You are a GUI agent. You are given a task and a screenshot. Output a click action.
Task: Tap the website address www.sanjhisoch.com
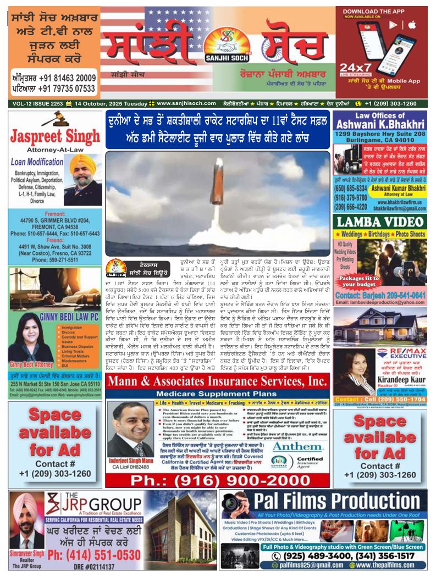click(x=186, y=103)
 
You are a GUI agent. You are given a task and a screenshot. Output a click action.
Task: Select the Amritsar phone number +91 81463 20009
click(x=53, y=78)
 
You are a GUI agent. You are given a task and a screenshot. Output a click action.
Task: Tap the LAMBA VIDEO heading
click(x=379, y=222)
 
